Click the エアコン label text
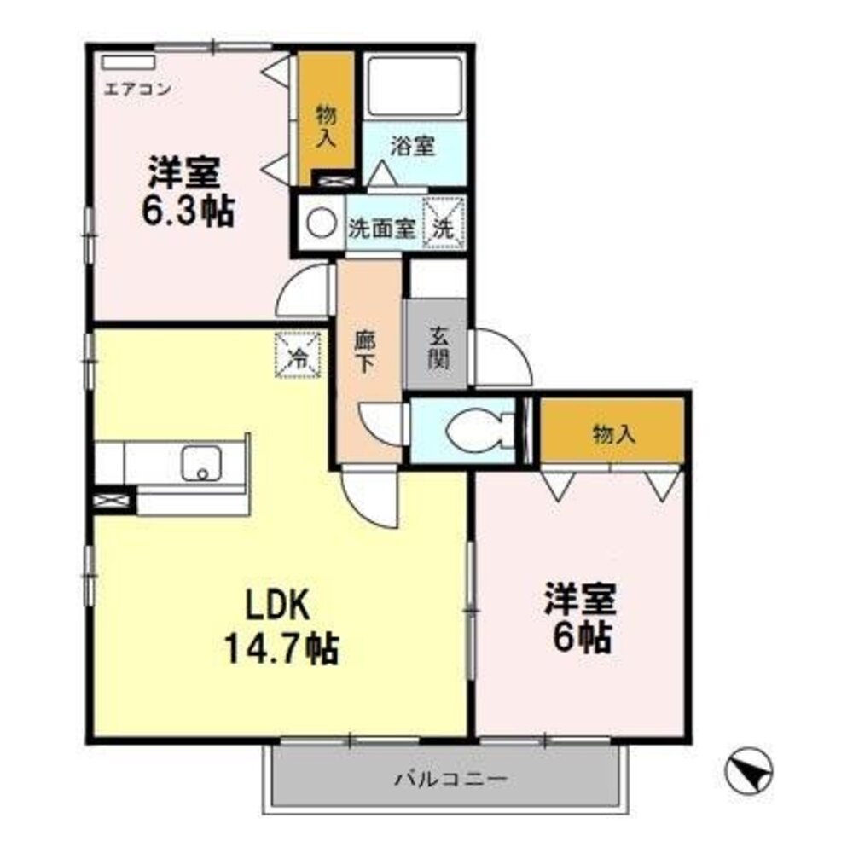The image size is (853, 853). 131,87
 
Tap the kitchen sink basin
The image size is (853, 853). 202,464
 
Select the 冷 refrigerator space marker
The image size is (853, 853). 299,352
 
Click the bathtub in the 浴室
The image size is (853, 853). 413,86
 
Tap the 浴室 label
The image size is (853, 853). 413,146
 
